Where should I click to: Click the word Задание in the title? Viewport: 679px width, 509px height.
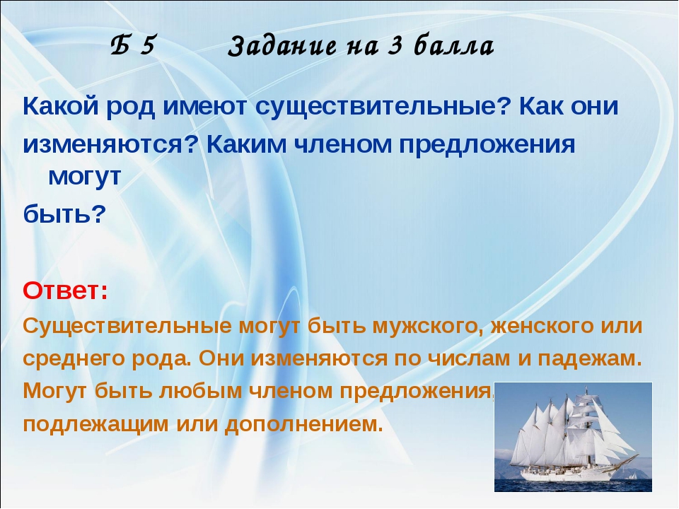tap(282, 47)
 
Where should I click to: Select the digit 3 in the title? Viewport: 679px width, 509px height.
tap(394, 47)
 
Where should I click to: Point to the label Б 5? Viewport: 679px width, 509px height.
tap(132, 45)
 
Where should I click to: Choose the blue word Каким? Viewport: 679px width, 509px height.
tap(246, 144)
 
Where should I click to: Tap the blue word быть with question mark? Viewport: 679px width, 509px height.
tap(64, 213)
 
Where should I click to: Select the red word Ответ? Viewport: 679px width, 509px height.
tap(65, 291)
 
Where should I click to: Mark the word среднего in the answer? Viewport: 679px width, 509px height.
tap(74, 359)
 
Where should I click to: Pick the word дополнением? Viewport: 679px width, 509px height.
tap(304, 423)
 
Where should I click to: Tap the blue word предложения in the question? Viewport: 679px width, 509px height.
tap(487, 144)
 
